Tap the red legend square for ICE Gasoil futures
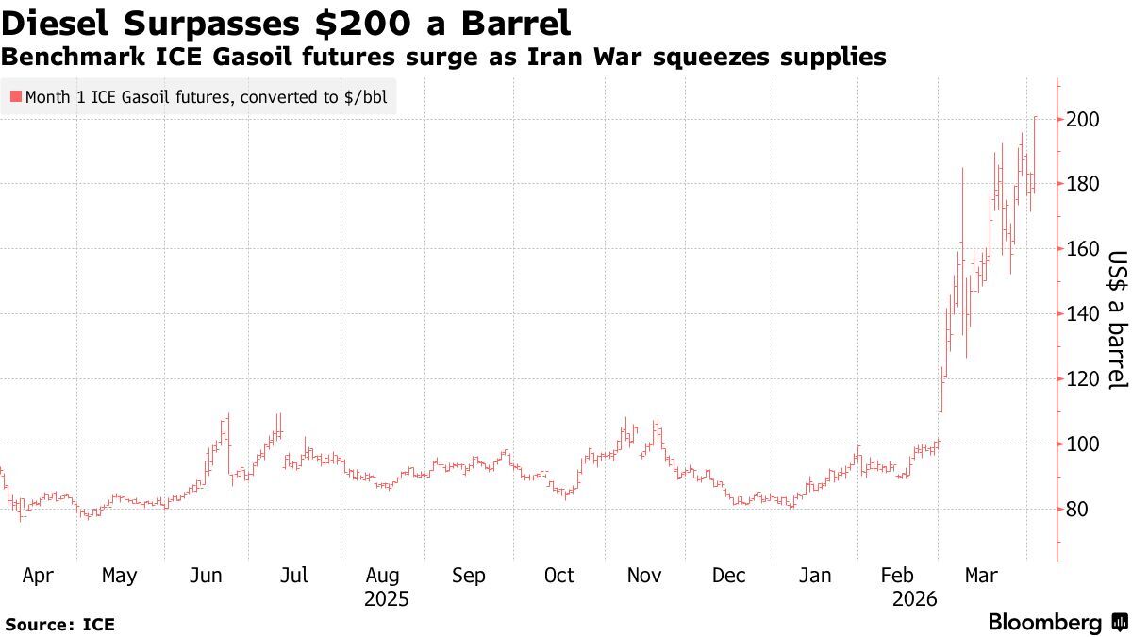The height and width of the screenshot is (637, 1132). (15, 96)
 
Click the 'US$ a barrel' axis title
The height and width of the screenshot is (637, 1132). (1117, 320)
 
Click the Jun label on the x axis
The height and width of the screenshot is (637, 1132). (207, 576)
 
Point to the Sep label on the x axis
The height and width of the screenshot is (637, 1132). (469, 576)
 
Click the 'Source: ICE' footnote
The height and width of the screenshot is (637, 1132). (59, 624)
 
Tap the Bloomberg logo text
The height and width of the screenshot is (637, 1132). (1044, 622)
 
